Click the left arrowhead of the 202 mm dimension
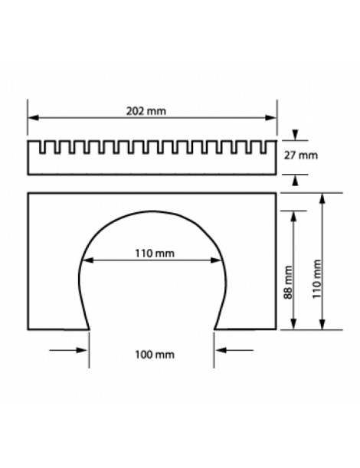click(33, 117)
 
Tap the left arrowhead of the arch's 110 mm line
click(85, 260)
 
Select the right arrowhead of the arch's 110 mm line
click(220, 260)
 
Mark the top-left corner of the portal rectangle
click(28, 193)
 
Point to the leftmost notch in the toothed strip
click(43, 146)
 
